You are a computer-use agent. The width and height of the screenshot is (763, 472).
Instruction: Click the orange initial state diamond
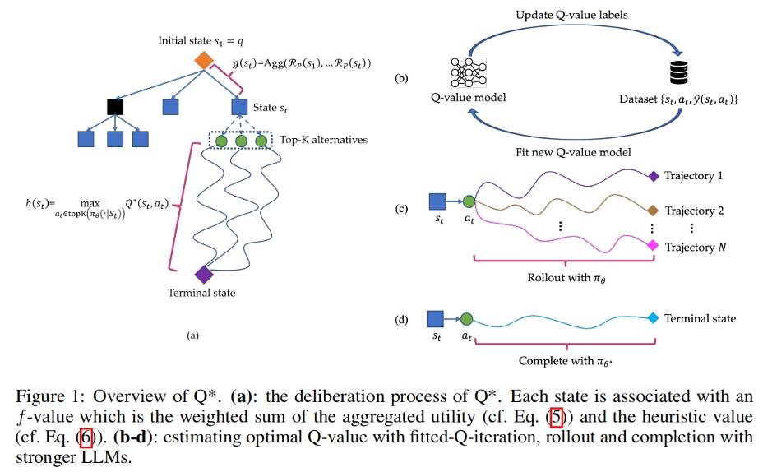203,60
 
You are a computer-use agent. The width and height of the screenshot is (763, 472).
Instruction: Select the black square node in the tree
115,106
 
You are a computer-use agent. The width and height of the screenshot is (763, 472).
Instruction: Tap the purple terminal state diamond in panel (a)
203,275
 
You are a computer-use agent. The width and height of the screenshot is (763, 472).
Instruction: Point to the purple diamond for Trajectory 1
653,175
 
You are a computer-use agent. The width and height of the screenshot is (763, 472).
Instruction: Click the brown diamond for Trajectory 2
653,211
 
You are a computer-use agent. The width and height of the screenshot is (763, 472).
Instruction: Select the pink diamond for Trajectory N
653,246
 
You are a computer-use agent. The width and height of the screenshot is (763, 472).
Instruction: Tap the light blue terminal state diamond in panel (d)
653,318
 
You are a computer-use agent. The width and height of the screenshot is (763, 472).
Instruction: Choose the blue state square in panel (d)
437,318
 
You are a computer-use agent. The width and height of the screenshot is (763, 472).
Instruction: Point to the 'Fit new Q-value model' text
572,151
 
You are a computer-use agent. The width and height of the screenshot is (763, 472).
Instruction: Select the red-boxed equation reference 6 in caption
86,437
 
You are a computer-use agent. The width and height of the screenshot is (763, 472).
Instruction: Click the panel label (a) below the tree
193,335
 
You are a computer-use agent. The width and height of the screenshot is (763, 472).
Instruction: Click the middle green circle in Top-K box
241,141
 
